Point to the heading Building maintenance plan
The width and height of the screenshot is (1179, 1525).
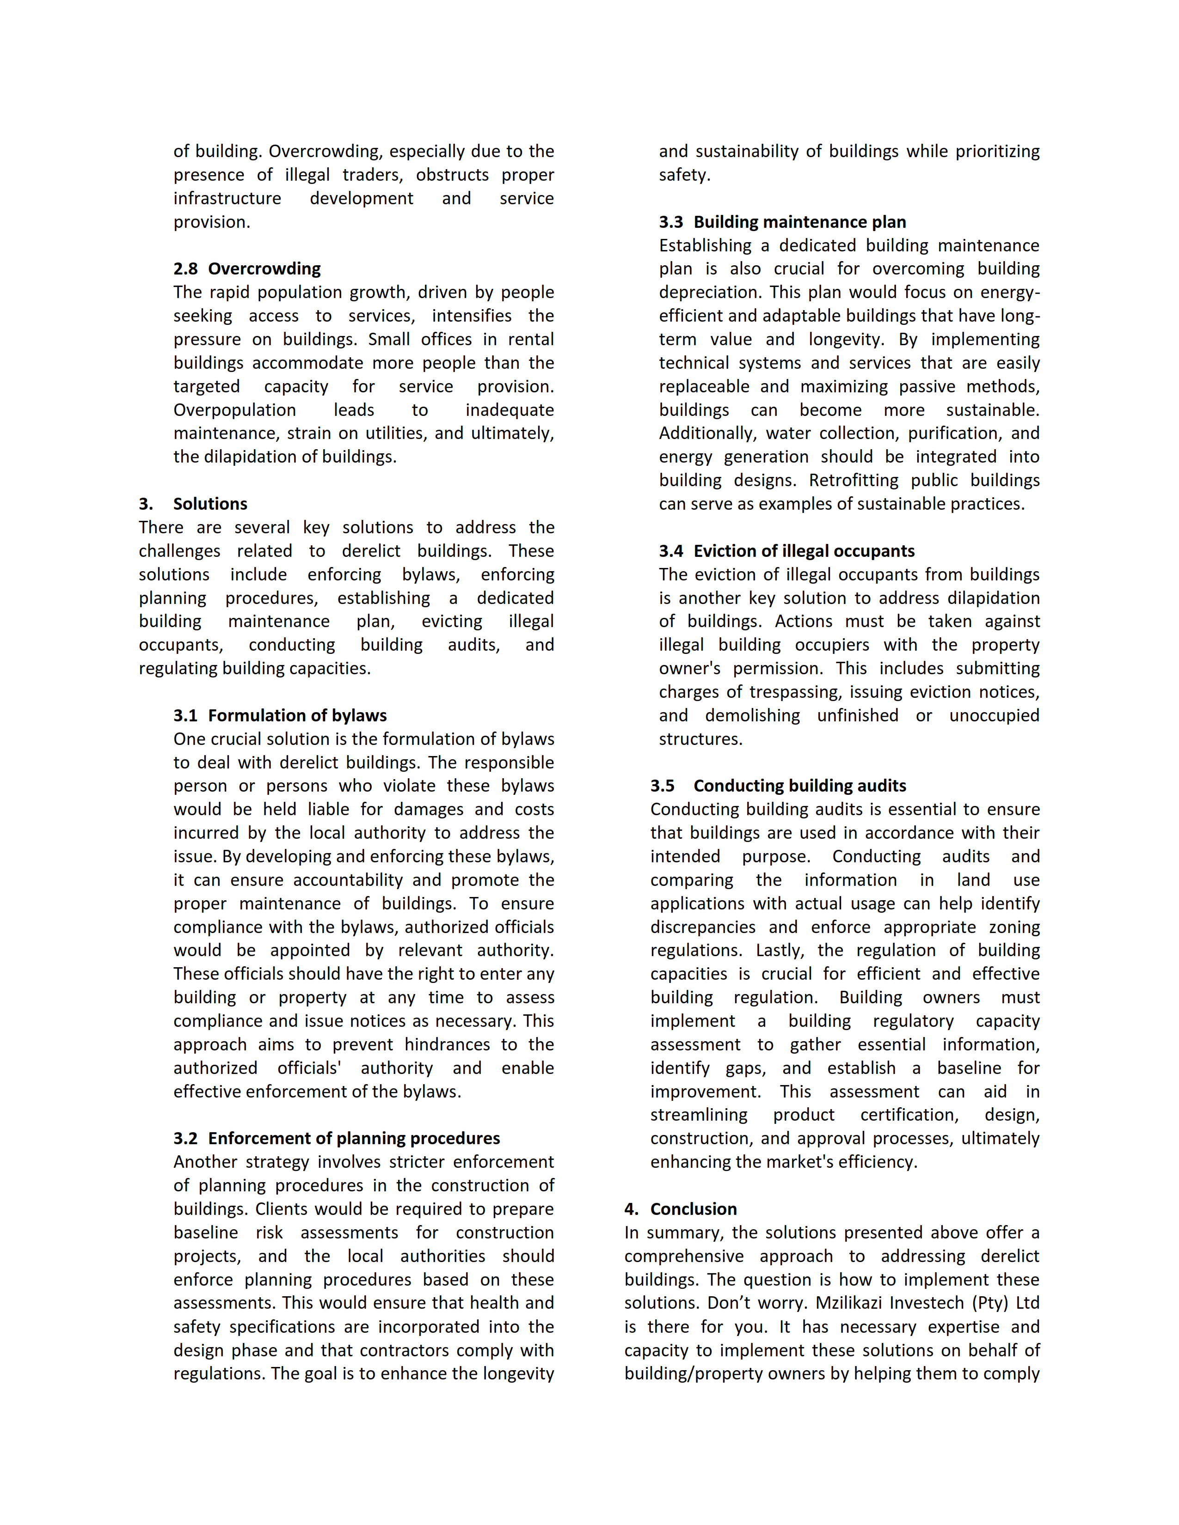tap(800, 222)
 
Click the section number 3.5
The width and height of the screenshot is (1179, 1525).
tap(662, 786)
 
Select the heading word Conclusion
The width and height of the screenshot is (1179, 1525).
tap(694, 1209)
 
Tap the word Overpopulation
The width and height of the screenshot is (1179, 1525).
tap(235, 410)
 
